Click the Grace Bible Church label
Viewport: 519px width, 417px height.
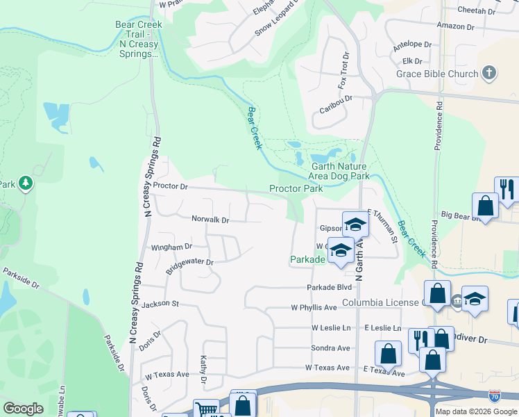click(x=437, y=74)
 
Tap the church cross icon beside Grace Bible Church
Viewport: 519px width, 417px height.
click(x=489, y=73)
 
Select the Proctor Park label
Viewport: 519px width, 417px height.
click(x=296, y=189)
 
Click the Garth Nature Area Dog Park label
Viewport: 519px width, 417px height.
click(x=340, y=171)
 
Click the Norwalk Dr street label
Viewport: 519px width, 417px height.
click(x=210, y=220)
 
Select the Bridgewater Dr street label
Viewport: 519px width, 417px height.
click(x=189, y=263)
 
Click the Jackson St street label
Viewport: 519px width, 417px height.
click(x=160, y=304)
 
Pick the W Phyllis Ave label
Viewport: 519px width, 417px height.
click(x=314, y=307)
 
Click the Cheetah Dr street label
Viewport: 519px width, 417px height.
click(x=477, y=11)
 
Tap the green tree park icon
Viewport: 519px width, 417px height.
click(x=26, y=183)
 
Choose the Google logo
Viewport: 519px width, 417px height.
click(x=23, y=409)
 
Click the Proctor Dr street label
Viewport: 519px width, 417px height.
click(x=171, y=186)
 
